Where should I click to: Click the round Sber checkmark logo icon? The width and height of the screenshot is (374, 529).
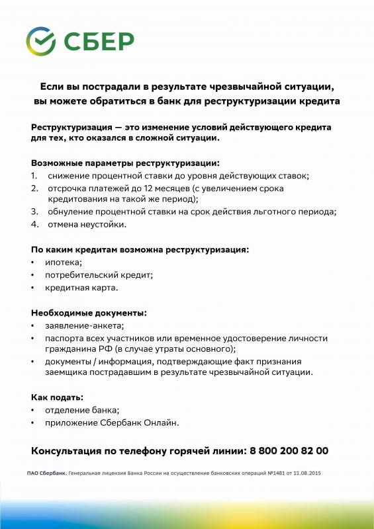pos(41,41)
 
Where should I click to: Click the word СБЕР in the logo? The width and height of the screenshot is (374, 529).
pos(99,41)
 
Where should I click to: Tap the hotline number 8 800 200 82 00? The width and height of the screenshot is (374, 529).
pos(289,451)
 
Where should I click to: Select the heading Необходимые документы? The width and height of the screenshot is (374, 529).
pos(89,312)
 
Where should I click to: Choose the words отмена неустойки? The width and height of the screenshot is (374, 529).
pos(86,224)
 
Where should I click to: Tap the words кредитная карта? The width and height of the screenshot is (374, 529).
pos(81,288)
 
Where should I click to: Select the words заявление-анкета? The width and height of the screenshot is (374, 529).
pos(84,325)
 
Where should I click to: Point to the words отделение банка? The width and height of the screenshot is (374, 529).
pos(81,410)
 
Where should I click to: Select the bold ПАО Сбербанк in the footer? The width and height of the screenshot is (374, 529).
pos(47,474)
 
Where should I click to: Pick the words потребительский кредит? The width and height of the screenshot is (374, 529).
pos(99,275)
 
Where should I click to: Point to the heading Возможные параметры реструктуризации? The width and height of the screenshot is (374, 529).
pos(125,162)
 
